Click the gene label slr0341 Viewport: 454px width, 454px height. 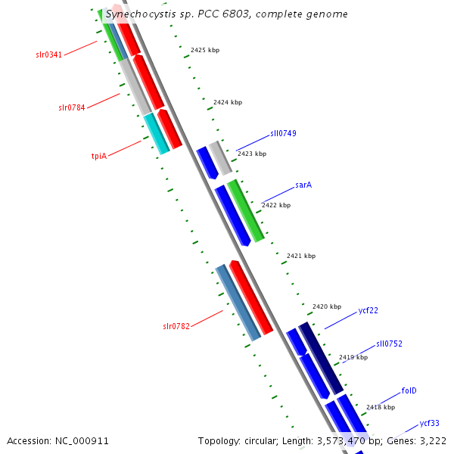coord(48,54)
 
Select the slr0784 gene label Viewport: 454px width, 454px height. coord(72,107)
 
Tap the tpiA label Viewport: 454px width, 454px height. coord(99,156)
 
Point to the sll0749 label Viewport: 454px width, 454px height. coord(283,133)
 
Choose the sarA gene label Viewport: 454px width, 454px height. coord(303,185)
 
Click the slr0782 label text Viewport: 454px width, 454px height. coord(176,326)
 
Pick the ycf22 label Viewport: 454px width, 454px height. coord(368,310)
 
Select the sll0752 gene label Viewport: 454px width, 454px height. coord(389,344)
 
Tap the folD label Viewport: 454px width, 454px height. coord(409,390)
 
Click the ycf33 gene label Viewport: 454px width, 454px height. coord(429,423)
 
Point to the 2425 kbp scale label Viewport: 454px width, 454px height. coord(205,50)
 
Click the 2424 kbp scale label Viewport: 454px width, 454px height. coord(228,102)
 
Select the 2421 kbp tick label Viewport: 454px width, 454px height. coord(301,256)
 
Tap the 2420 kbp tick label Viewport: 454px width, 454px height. coord(327,306)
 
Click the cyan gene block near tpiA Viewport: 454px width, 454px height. coord(157,133)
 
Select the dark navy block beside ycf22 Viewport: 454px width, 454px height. coord(321,358)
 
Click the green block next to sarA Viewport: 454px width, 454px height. coord(245,211)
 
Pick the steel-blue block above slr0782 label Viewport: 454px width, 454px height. coord(238,303)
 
